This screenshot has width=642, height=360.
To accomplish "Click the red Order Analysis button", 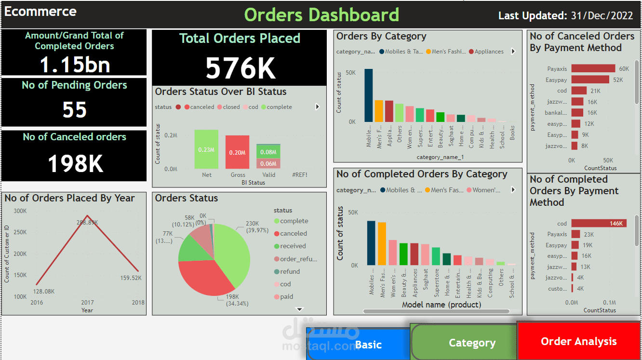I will (578, 341).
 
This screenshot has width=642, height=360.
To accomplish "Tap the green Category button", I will (471, 343).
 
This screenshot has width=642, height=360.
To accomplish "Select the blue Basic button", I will (368, 345).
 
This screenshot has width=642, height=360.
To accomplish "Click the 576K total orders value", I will (240, 68).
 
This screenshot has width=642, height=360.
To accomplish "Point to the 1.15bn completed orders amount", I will (74, 65).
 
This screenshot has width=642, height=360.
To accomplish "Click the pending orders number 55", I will (74, 109).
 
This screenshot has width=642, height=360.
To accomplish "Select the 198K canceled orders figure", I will (75, 163).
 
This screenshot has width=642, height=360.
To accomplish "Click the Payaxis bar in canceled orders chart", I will (593, 69).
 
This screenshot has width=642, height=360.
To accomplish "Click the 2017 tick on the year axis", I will (87, 303).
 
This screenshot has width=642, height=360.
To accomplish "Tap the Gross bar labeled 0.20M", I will (237, 152).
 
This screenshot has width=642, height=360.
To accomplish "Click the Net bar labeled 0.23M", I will (206, 149).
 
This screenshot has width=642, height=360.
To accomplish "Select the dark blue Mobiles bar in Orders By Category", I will (368, 95).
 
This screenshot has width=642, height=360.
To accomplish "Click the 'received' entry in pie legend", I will (293, 246).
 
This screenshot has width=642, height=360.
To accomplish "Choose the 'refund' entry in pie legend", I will (290, 271).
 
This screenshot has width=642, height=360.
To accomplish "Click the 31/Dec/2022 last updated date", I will (602, 15).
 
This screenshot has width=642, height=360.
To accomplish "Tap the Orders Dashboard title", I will (321, 15).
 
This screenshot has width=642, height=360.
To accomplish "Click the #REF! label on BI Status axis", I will (299, 175).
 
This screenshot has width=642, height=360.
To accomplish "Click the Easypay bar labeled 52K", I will (590, 80).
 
